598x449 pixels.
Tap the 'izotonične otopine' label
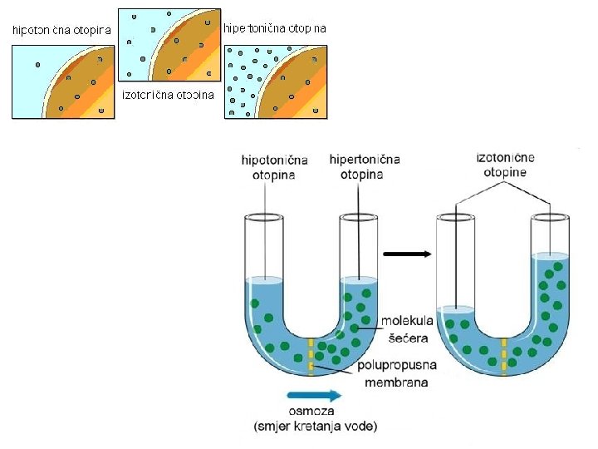point(506,164)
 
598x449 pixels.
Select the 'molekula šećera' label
point(407,329)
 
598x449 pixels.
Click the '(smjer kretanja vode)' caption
point(315,427)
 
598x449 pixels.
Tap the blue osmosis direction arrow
point(312,396)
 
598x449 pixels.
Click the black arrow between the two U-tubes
point(410,254)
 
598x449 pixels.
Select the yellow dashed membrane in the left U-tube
point(311,356)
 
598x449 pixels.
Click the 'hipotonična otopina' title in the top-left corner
point(61,31)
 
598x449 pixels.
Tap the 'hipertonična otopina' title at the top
point(275,28)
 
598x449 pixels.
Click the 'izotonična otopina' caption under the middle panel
point(169,94)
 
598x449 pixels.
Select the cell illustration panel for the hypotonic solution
point(62,81)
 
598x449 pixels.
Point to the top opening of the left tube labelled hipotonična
point(264,218)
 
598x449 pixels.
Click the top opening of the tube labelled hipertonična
point(360,218)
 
